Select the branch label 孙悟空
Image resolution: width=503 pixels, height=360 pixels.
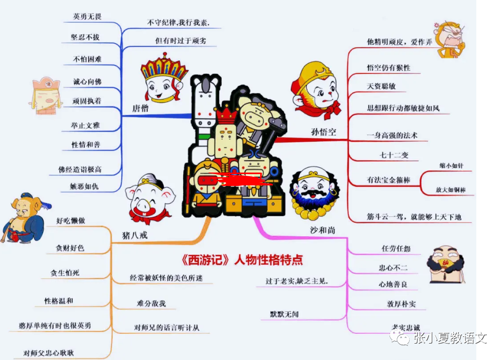(x=323, y=132)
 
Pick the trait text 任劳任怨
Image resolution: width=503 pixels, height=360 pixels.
(x=396, y=249)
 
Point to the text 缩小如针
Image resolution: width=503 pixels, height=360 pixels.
(x=451, y=166)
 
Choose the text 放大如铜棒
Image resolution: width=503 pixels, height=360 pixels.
(x=451, y=190)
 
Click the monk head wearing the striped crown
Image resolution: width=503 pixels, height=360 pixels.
(x=164, y=80)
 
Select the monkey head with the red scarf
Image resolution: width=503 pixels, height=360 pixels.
(x=315, y=92)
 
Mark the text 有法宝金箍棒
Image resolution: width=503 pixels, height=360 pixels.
(x=388, y=180)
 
